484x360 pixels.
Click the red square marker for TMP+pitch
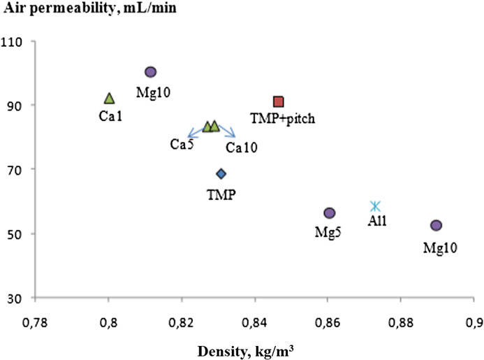(279, 102)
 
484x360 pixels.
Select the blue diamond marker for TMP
(221, 174)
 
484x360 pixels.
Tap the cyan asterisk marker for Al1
(376, 206)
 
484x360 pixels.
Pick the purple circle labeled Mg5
(330, 213)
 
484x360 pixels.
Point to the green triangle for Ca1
(109, 98)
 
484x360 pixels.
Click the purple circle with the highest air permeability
(150, 72)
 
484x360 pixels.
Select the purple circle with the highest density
(436, 225)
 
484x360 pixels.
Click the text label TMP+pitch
(283, 118)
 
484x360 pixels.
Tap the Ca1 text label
(110, 115)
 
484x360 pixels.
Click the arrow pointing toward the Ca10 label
(227, 132)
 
